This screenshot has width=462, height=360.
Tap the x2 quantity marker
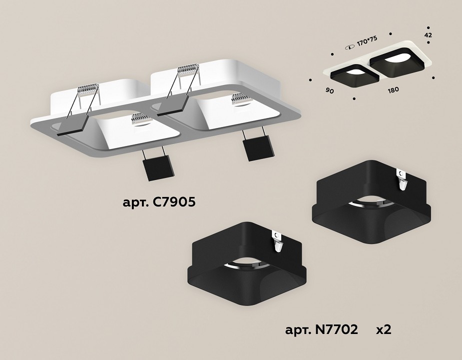[384, 329]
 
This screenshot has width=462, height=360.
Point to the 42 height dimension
[428, 35]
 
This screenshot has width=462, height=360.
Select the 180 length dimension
[394, 89]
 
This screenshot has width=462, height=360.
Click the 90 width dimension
[330, 90]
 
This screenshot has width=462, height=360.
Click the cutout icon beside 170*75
[350, 47]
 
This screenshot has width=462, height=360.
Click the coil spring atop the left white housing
[88, 89]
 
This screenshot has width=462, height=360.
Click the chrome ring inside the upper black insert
[371, 204]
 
